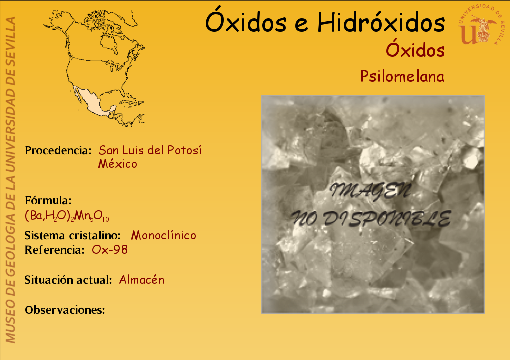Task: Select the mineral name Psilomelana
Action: [402, 76]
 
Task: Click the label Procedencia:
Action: [58, 150]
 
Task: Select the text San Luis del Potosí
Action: [150, 150]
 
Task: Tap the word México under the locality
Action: [118, 164]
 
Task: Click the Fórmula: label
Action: [48, 200]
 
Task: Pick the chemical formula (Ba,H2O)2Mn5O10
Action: [67, 216]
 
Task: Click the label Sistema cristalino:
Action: [73, 235]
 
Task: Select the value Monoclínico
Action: [163, 235]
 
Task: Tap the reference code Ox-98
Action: [110, 250]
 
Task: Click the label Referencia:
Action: [55, 250]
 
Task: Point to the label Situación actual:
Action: [68, 280]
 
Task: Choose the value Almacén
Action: [141, 280]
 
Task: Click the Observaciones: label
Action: [65, 310]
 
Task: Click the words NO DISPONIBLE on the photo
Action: [371, 218]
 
